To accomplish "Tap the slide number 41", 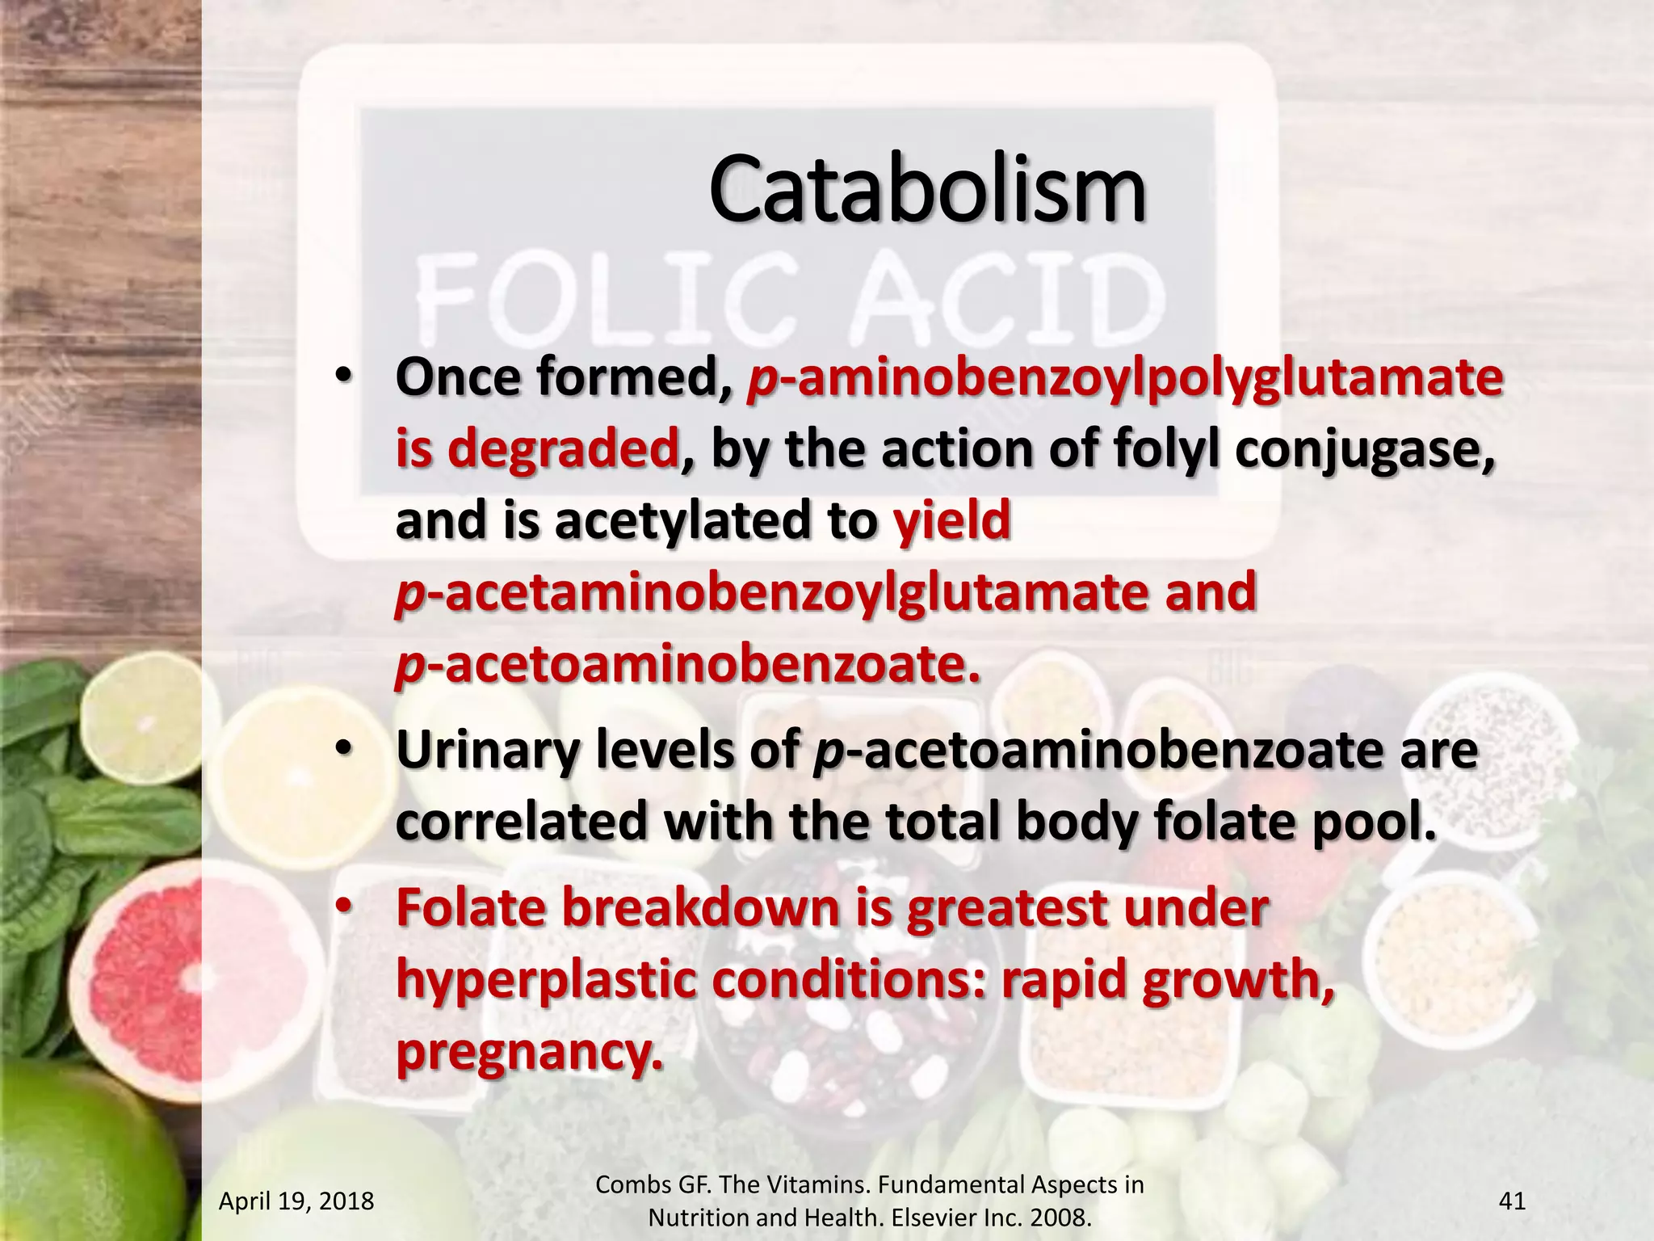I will [1512, 1201].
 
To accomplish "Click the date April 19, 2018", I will [296, 1201].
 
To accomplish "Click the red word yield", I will [951, 520].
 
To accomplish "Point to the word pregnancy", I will [528, 1051].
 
